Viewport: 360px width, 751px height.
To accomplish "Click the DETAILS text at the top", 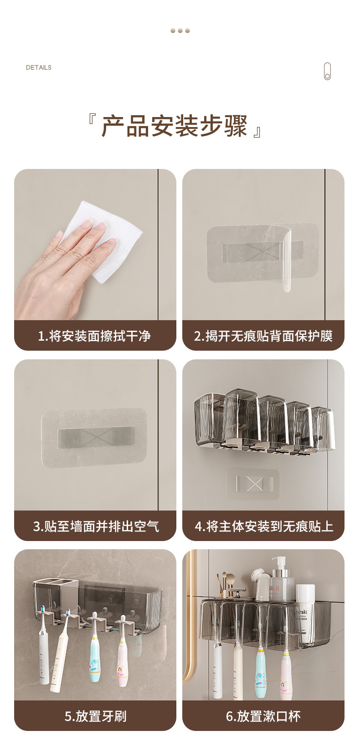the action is [39, 67].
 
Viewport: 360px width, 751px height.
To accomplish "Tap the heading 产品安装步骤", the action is [175, 126].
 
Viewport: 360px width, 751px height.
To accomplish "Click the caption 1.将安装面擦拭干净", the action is [94, 336].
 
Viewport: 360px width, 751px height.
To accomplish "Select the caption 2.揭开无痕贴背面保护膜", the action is [263, 336].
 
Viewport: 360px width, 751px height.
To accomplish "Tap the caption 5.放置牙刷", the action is [96, 716].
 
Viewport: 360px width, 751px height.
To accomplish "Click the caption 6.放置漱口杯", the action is [263, 716].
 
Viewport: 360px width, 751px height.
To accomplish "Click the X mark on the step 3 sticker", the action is [96, 438].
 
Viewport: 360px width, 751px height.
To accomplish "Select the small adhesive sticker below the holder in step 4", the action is [253, 484].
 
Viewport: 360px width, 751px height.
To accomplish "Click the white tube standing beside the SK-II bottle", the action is [305, 613].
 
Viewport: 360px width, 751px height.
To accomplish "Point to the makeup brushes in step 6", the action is [226, 583].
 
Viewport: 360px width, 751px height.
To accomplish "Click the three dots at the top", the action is [180, 31].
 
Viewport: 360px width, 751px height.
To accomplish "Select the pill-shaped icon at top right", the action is [328, 71].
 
